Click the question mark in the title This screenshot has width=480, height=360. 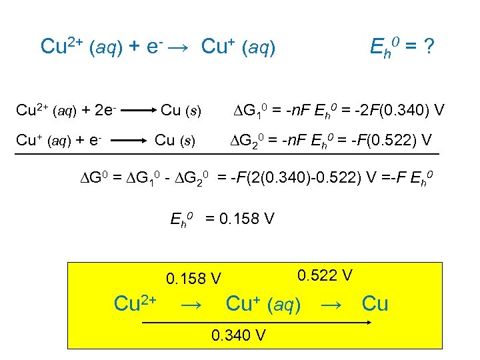click(x=431, y=48)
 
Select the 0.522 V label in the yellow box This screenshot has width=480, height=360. click(x=325, y=274)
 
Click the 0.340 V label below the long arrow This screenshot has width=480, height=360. click(x=238, y=335)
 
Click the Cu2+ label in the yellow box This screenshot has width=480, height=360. click(x=135, y=303)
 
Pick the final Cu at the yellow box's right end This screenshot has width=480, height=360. click(x=375, y=304)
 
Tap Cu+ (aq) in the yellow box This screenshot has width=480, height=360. click(x=263, y=304)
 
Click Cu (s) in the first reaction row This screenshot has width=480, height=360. click(x=181, y=110)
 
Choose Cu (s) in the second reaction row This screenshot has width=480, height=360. click(x=175, y=141)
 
